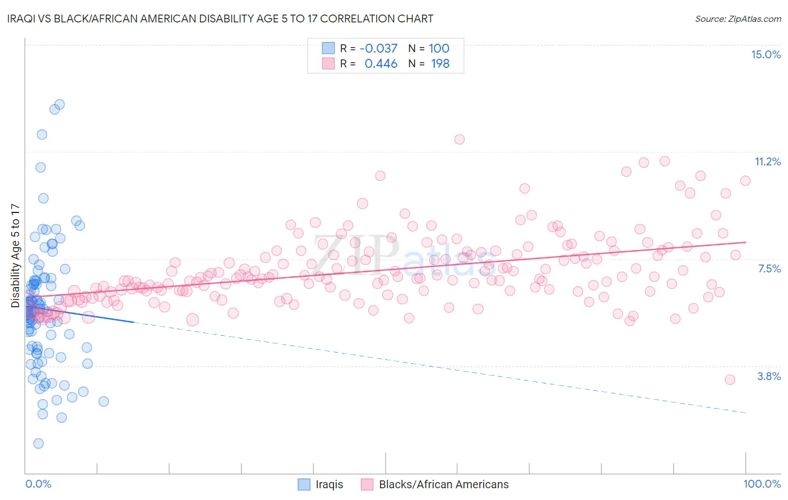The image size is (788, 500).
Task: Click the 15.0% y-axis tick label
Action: [766, 54]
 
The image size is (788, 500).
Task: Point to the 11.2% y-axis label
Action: [767, 161]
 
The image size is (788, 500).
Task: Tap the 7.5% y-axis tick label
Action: [769, 268]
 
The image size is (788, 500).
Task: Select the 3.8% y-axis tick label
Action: [769, 376]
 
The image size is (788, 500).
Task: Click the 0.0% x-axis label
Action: [38, 484]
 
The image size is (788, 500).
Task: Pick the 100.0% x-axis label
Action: [762, 484]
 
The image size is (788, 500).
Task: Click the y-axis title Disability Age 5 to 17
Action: [15, 256]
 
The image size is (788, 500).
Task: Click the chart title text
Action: [220, 18]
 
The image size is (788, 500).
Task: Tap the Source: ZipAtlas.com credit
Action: [738, 18]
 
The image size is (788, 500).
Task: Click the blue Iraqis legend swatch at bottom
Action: [304, 484]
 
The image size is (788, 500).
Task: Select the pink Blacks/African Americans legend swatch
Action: [367, 484]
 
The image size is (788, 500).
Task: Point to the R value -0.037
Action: [378, 48]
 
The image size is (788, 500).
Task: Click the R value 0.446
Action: [381, 64]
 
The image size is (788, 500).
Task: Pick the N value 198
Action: [440, 64]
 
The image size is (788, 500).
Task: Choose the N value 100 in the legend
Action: [439, 48]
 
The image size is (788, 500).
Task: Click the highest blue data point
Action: [59, 104]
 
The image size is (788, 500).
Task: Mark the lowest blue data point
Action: [38, 443]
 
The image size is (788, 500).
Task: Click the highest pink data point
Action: [460, 140]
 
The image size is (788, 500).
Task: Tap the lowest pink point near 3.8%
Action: [730, 379]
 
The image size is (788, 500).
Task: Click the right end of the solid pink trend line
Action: [745, 242]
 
